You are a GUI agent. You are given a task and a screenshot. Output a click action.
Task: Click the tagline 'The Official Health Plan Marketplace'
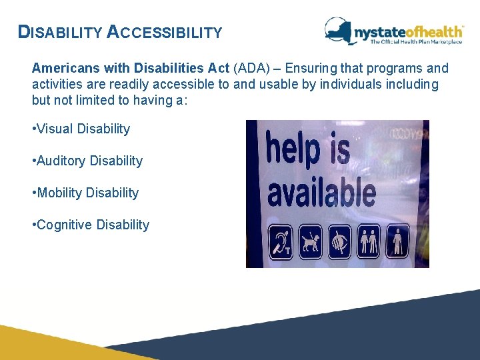pyautogui.click(x=416, y=42)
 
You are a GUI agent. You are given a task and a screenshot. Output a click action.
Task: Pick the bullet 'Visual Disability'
pyautogui.click(x=81, y=129)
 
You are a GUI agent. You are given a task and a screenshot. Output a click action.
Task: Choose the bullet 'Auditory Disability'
pyautogui.click(x=87, y=161)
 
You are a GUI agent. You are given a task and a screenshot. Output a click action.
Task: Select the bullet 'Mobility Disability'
pyautogui.click(x=85, y=193)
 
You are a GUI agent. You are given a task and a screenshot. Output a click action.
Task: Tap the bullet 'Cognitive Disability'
pyautogui.click(x=91, y=225)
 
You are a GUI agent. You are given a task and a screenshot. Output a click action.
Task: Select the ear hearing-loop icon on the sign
pyautogui.click(x=279, y=241)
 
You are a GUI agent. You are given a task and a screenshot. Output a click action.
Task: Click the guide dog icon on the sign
pyautogui.click(x=309, y=241)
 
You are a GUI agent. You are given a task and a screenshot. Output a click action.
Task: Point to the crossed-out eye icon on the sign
pyautogui.click(x=339, y=241)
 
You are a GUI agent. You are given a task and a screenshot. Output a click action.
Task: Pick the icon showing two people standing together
pyautogui.click(x=369, y=241)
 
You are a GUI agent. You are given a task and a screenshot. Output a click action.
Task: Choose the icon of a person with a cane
pyautogui.click(x=399, y=241)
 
